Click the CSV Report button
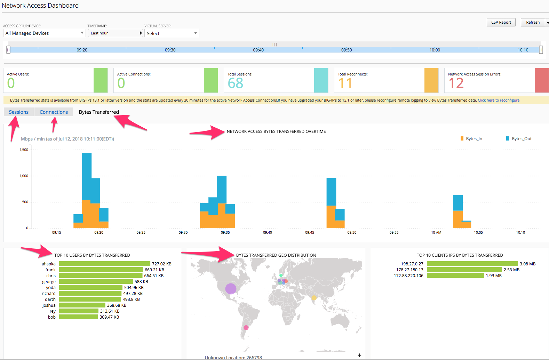tap(501, 22)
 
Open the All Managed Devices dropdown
tap(44, 33)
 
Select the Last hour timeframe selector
tap(116, 33)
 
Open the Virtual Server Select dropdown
tap(172, 33)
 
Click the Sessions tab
tap(19, 112)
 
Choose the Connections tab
tap(54, 112)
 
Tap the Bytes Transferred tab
tap(99, 112)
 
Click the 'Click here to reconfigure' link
tap(499, 100)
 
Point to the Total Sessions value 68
tap(235, 83)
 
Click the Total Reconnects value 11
tap(345, 83)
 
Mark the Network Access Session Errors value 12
tap(456, 83)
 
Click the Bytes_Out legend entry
tap(519, 139)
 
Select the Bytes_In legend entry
tap(471, 139)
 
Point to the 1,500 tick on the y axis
tap(24, 150)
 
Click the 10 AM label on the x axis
tap(436, 232)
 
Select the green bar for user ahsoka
tap(105, 264)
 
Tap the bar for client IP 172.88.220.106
tap(455, 276)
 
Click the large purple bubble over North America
tap(231, 289)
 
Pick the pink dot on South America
tap(246, 328)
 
